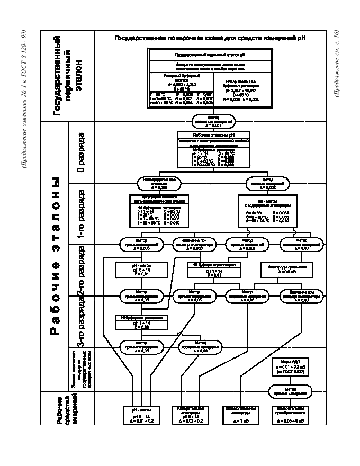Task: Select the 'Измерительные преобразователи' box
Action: pos(290,415)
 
